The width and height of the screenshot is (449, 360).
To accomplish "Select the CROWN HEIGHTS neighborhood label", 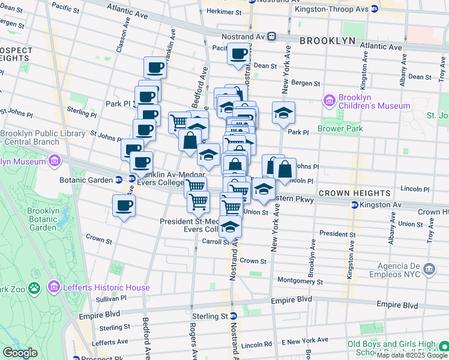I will (x=354, y=193).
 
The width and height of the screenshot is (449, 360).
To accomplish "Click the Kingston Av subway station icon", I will (x=354, y=205).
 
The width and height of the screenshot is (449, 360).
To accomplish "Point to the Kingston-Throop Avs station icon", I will (x=374, y=9).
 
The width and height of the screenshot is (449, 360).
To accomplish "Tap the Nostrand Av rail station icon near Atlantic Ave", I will (x=272, y=36).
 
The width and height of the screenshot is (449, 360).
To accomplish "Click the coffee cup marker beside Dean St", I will (x=238, y=54).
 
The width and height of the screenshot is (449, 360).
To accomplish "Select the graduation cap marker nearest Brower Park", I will (x=283, y=113).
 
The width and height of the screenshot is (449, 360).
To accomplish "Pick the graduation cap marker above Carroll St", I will (x=229, y=227).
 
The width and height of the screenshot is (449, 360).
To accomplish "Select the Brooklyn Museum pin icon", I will (x=54, y=161).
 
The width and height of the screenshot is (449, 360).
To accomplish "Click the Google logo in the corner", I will (x=20, y=353).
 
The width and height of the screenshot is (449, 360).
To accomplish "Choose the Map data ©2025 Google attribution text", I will (x=412, y=356).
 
